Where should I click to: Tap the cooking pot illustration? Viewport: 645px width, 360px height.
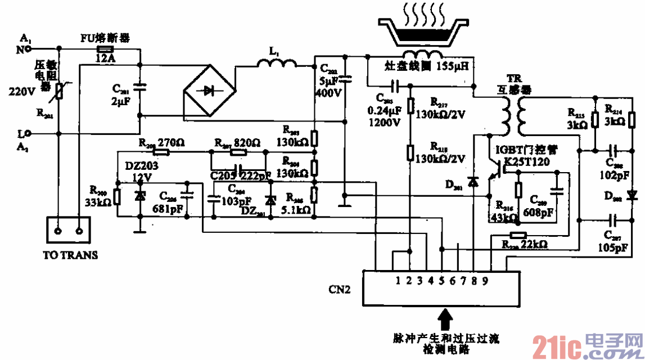pos(422,31)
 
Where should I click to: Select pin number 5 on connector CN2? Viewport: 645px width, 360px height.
pos(442,279)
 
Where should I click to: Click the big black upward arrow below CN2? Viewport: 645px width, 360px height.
pos(446,320)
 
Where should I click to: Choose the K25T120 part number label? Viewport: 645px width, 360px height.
pos(526,162)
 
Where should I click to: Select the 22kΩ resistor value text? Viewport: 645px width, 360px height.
pos(534,245)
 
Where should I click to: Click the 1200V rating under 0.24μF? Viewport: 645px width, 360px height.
pos(385,122)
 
